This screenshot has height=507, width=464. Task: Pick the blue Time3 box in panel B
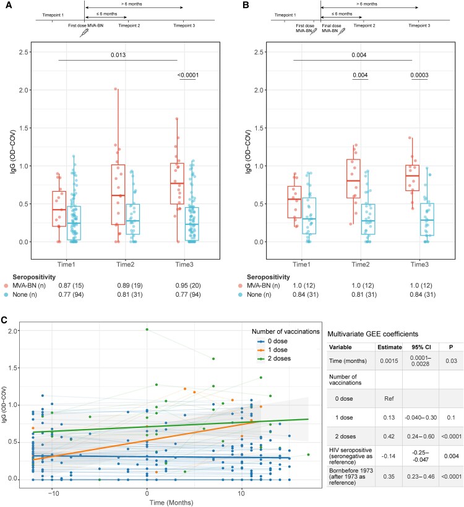point(426,219)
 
